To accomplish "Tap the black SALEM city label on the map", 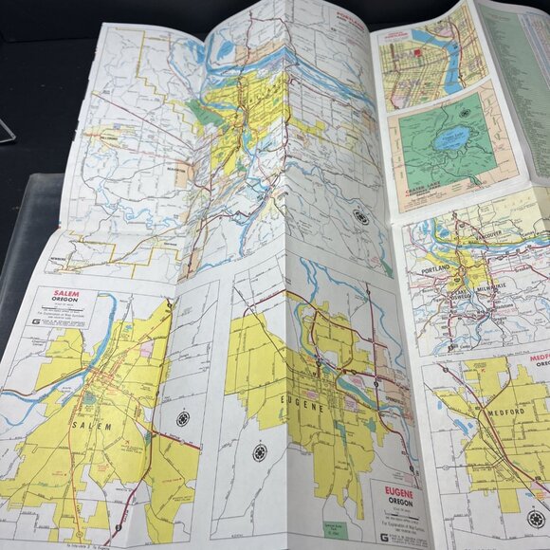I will (93, 427).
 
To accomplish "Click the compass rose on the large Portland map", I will (360, 216).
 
